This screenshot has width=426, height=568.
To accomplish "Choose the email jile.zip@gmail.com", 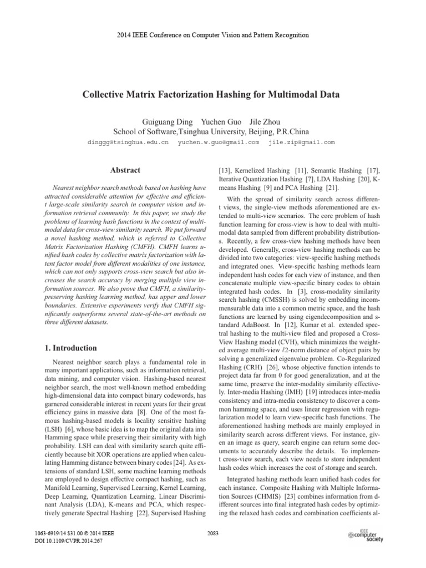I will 301,143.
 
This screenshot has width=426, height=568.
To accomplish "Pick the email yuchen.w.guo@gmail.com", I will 218,143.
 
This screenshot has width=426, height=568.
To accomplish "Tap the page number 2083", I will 213,534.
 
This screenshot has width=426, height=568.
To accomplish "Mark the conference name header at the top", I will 213,35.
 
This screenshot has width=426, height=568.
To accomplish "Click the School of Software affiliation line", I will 213,132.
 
